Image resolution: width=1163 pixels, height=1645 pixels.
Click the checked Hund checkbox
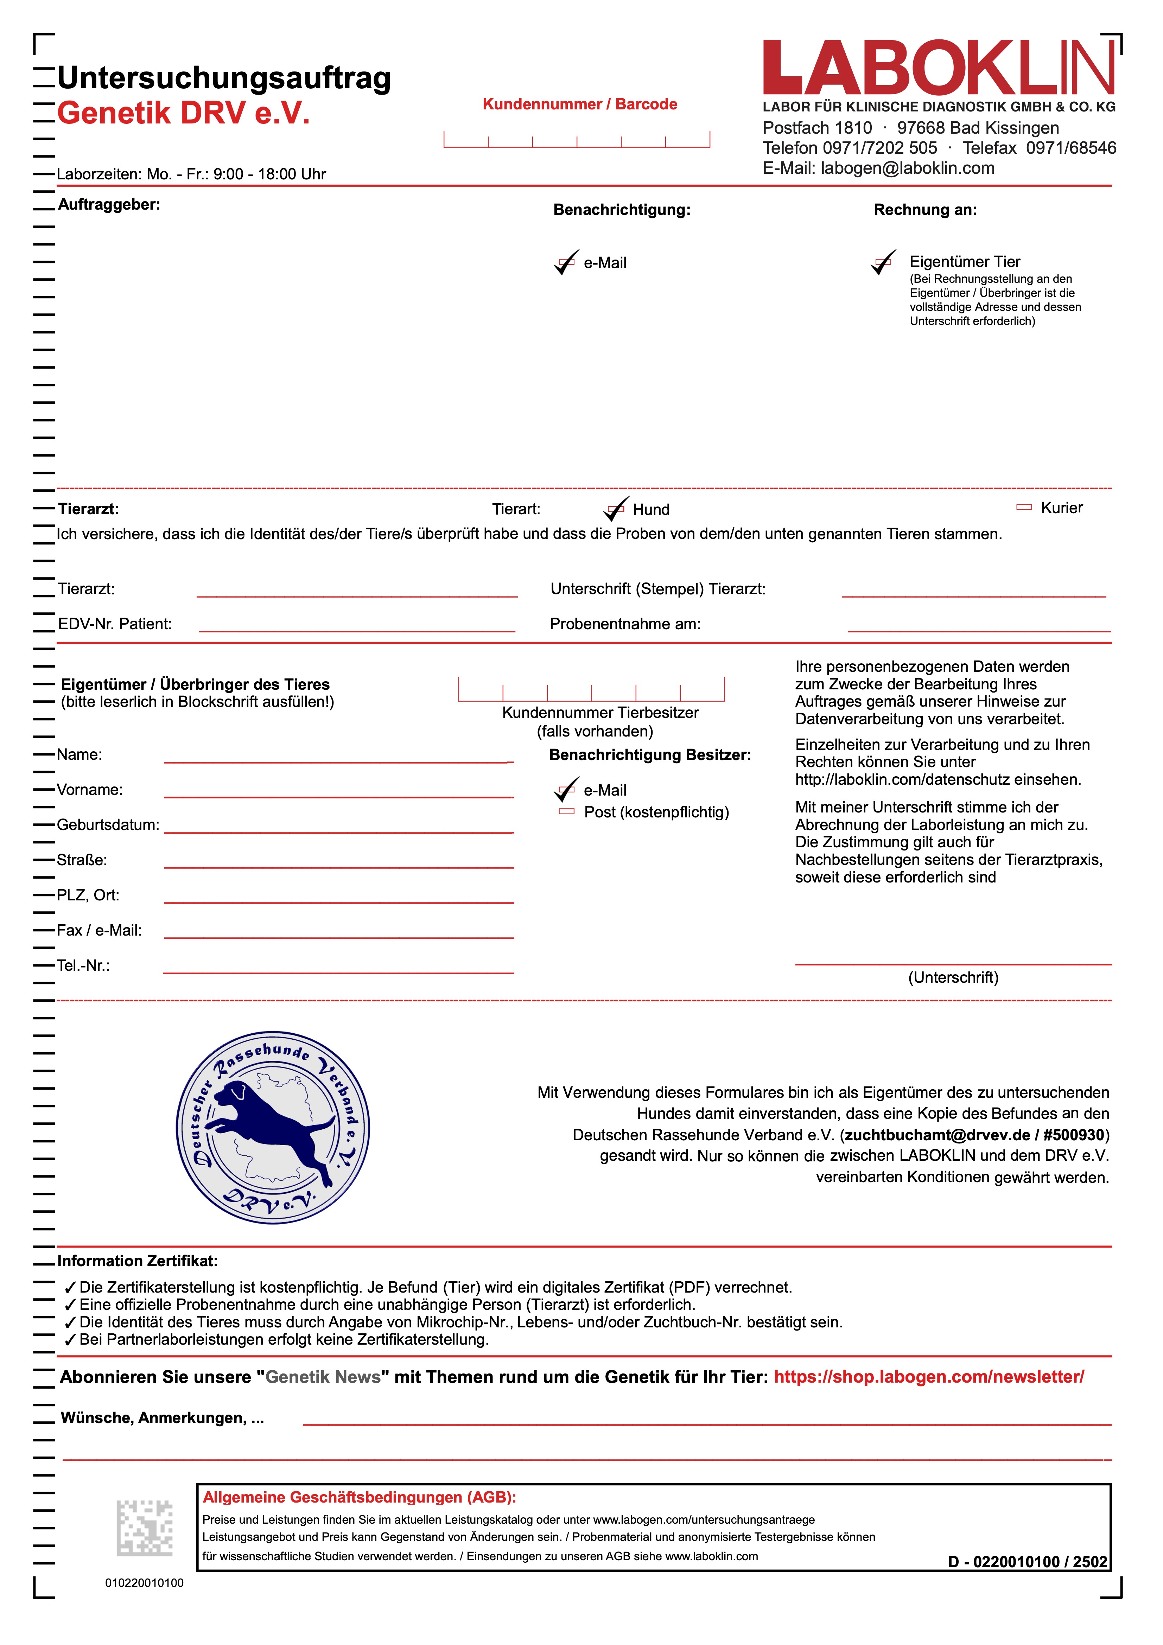616,509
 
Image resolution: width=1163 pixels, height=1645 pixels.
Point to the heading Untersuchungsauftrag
224,78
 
